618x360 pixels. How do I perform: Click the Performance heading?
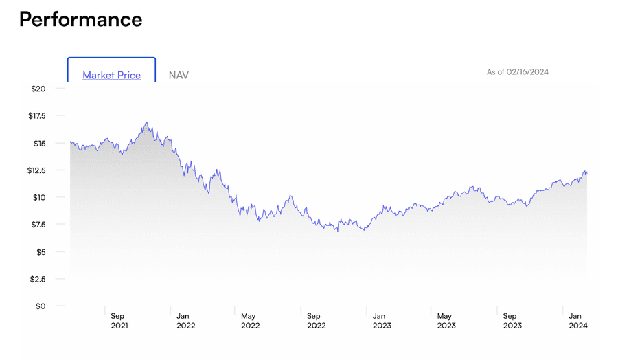[x=80, y=19]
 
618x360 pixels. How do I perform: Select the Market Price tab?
[x=111, y=76]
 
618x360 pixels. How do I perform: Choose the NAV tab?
[x=179, y=76]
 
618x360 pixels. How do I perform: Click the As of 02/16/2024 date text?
[x=517, y=72]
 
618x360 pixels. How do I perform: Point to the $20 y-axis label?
[x=38, y=89]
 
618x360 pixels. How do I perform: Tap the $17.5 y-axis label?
[x=36, y=116]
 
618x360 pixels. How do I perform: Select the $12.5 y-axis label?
[x=36, y=170]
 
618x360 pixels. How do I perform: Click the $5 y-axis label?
[x=41, y=251]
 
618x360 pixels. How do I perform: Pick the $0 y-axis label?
[x=41, y=306]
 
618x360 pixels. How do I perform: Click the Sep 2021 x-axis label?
[x=119, y=321]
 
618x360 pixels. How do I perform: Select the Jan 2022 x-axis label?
[x=185, y=321]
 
